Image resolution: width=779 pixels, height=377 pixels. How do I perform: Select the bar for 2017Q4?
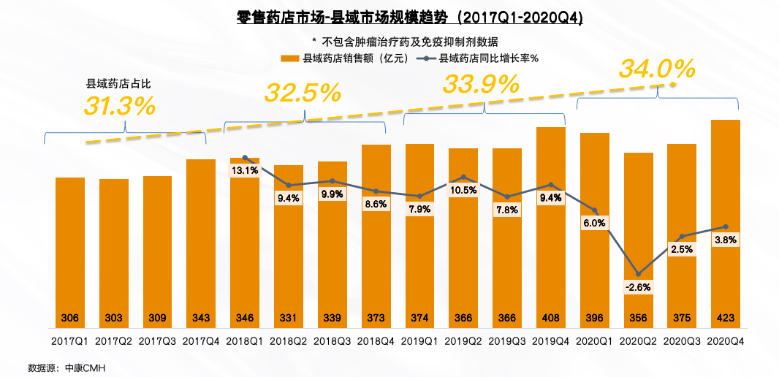point(201,241)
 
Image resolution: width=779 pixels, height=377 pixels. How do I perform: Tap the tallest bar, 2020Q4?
point(726,219)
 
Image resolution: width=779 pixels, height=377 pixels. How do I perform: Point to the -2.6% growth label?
point(638,287)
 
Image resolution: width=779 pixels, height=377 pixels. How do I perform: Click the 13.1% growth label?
point(245,171)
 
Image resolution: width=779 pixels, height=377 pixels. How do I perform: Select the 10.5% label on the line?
point(463,191)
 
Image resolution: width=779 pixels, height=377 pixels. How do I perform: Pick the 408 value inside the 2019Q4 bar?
point(551,319)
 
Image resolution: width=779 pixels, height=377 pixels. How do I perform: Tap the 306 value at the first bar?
point(70,319)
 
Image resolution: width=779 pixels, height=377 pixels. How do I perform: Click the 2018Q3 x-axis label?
point(332,341)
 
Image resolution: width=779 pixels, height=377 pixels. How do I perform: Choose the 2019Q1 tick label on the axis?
point(419,341)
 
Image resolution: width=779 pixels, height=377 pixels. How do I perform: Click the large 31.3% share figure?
point(119,106)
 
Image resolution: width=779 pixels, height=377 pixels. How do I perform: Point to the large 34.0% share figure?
point(657,69)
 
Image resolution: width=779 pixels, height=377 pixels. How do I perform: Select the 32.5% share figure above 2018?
point(303,93)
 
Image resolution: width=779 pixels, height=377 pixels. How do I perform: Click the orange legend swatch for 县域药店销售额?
point(289,58)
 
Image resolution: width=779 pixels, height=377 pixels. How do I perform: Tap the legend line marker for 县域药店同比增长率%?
point(422,58)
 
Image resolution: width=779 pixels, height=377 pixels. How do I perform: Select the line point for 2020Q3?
point(682,237)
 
